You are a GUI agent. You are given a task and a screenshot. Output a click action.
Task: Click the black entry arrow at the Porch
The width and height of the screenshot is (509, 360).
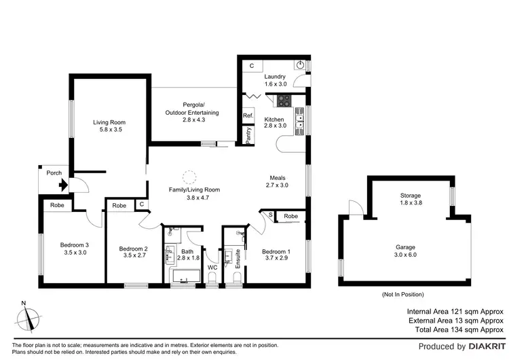(x=64, y=183)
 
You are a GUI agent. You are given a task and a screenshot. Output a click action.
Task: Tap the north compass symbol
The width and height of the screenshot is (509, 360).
(x=28, y=317)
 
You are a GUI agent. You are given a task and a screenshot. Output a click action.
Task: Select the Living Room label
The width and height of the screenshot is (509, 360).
(x=109, y=123)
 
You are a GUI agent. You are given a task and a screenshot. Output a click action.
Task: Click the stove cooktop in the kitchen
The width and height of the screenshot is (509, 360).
(x=282, y=102)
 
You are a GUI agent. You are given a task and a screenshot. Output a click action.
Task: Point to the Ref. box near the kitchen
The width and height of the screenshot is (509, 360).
(x=248, y=115)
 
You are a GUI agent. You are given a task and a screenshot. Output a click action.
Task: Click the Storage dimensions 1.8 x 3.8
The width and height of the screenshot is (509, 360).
(x=409, y=203)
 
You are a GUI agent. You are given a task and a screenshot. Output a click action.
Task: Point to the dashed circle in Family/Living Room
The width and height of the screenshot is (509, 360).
(x=191, y=177)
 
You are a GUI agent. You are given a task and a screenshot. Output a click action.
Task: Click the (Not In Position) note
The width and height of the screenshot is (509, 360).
(x=403, y=294)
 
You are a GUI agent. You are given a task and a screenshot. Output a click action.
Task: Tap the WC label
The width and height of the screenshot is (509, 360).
(x=212, y=268)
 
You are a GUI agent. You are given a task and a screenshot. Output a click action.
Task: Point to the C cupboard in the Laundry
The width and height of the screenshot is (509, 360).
(x=251, y=66)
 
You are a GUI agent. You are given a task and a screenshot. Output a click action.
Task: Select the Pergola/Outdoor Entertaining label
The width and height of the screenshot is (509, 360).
(x=192, y=109)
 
